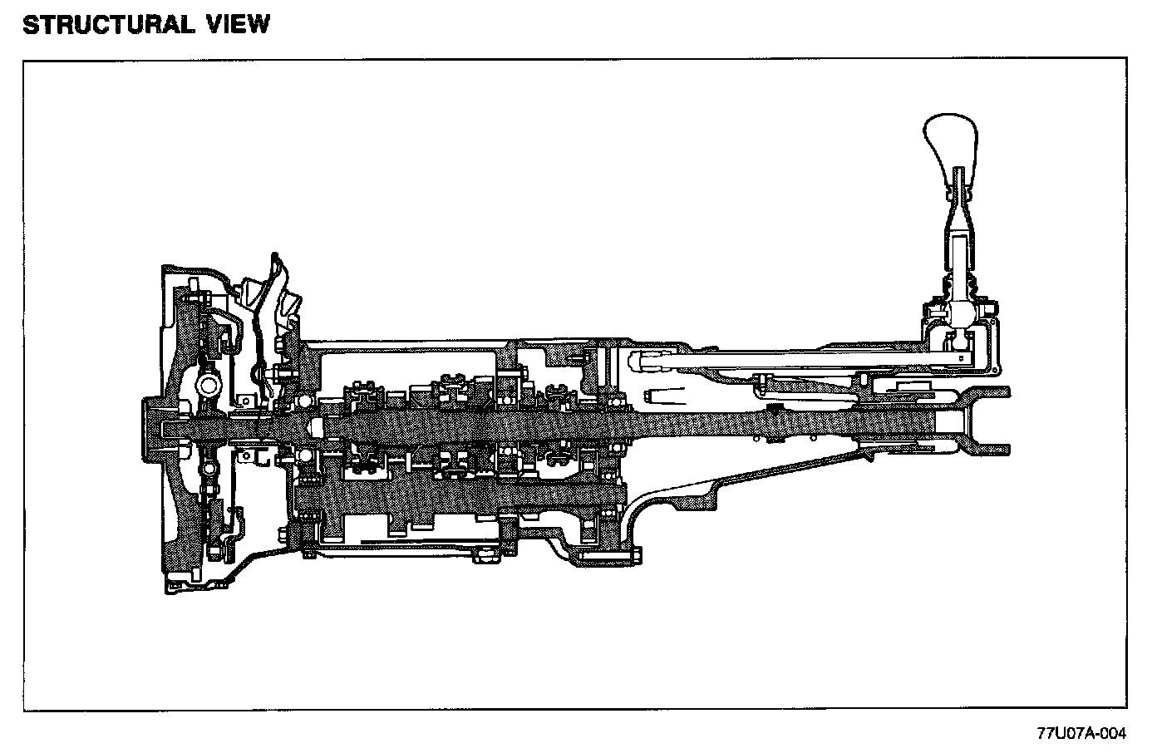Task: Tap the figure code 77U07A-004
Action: pyautogui.click(x=1081, y=733)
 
